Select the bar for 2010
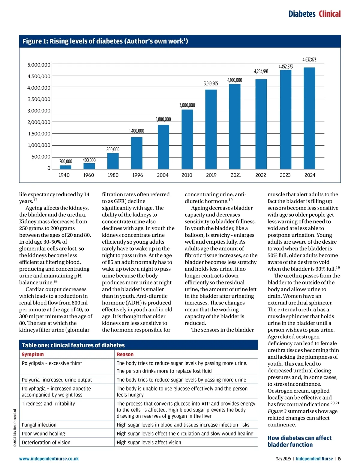click(x=187, y=139)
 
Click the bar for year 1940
click(x=65, y=167)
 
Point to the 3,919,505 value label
click(x=211, y=84)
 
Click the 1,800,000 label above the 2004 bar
click(x=163, y=119)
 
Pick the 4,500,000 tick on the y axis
click(x=39, y=76)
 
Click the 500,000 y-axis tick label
click(x=41, y=157)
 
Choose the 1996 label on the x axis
click(x=138, y=175)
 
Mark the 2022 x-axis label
click(x=260, y=175)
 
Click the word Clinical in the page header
click(x=330, y=14)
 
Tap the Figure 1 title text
click(x=105, y=41)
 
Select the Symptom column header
click(x=33, y=354)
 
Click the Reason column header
click(x=125, y=354)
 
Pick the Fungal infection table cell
click(x=39, y=425)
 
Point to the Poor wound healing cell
click(x=43, y=434)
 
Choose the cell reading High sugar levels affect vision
click(x=149, y=442)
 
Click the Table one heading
click(x=73, y=345)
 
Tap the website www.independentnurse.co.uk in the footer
click(x=49, y=459)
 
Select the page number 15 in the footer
click(x=339, y=459)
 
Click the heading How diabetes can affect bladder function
click(x=299, y=441)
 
